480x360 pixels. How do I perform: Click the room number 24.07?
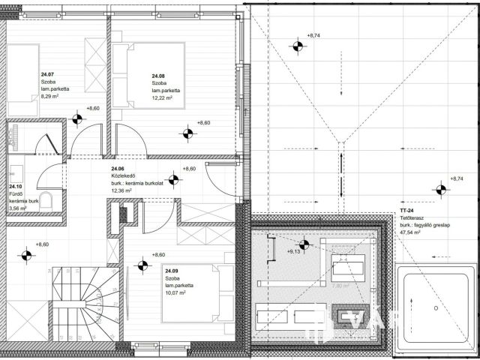(x=47, y=74)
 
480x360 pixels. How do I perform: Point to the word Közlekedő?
(x=123, y=176)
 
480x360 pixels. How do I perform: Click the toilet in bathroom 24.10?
(x=45, y=199)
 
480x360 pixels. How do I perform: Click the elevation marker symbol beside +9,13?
(x=303, y=244)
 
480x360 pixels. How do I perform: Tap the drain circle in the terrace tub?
(x=434, y=308)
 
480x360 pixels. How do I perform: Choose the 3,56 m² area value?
(x=18, y=208)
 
